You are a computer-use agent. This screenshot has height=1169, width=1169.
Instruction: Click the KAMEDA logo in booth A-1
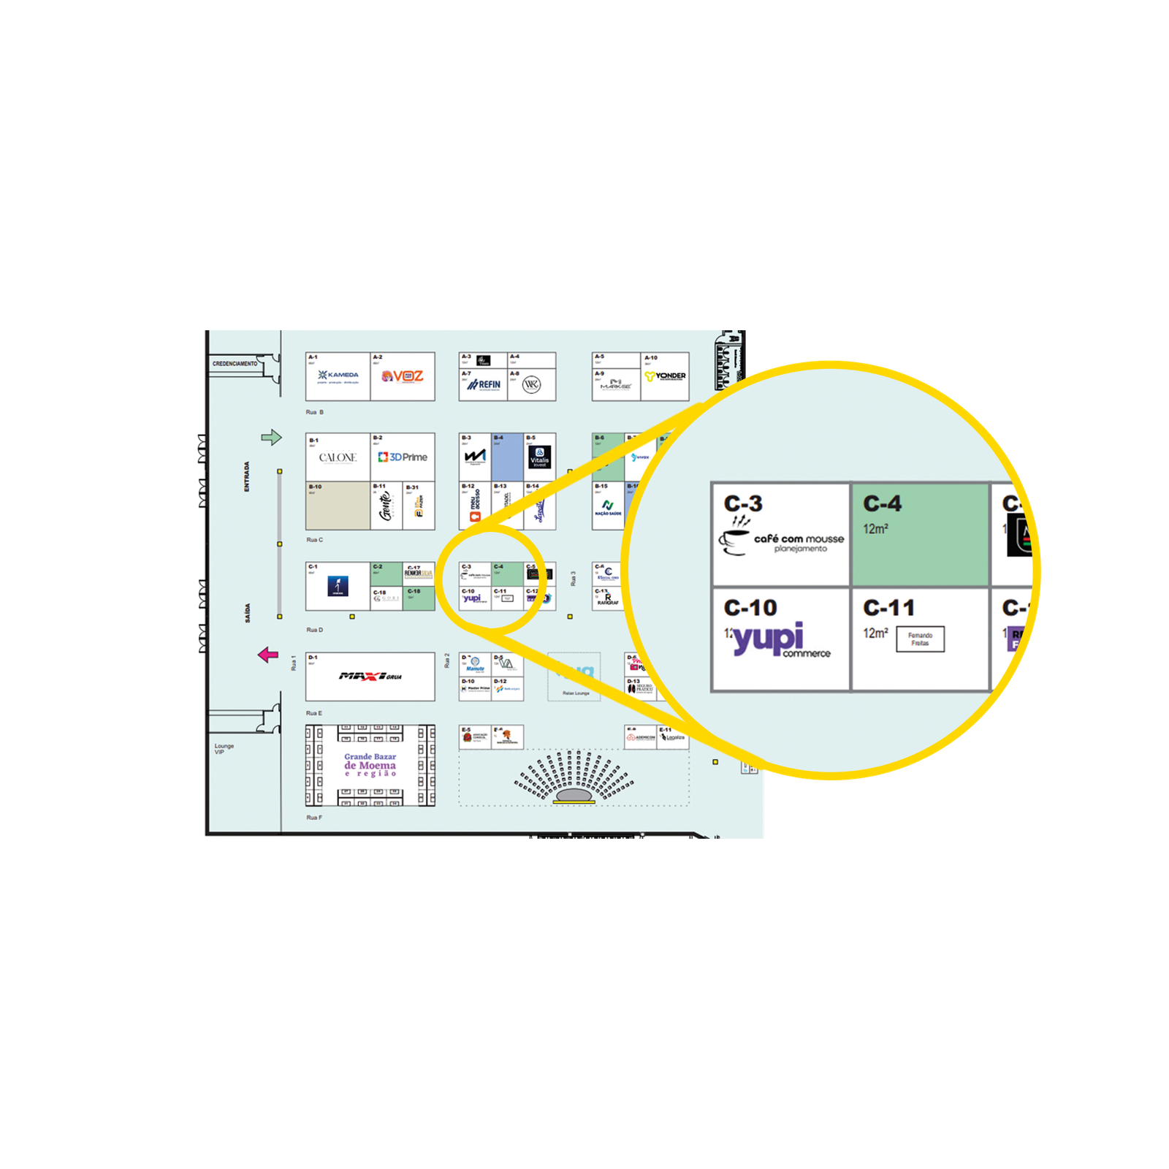pyautogui.click(x=338, y=376)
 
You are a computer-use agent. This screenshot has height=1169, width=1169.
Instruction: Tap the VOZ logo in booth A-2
pyautogui.click(x=403, y=376)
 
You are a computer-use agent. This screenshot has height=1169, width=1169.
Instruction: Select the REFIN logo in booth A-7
pyautogui.click(x=484, y=384)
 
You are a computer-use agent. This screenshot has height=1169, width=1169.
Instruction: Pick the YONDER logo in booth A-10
pyautogui.click(x=665, y=376)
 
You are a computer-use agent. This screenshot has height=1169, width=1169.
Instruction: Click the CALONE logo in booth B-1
pyautogui.click(x=338, y=458)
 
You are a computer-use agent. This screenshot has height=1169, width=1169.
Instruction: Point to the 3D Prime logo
pyautogui.click(x=403, y=457)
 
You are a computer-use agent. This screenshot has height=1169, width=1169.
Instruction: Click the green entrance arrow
pyautogui.click(x=271, y=438)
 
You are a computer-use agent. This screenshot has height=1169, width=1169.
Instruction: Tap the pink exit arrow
pyautogui.click(x=268, y=655)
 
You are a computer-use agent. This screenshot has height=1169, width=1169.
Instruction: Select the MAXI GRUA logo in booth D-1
pyautogui.click(x=370, y=677)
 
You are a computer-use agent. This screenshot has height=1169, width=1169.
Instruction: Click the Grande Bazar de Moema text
pyautogui.click(x=370, y=765)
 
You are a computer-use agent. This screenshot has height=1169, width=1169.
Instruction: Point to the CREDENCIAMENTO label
pyautogui.click(x=235, y=364)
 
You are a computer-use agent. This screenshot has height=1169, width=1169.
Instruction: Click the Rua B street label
pyautogui.click(x=314, y=413)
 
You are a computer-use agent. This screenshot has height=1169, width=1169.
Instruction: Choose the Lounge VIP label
pyautogui.click(x=224, y=749)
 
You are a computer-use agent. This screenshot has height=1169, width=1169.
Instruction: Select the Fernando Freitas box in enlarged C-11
pyautogui.click(x=920, y=639)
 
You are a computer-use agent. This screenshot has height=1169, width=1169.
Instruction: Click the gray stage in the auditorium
pyautogui.click(x=574, y=796)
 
